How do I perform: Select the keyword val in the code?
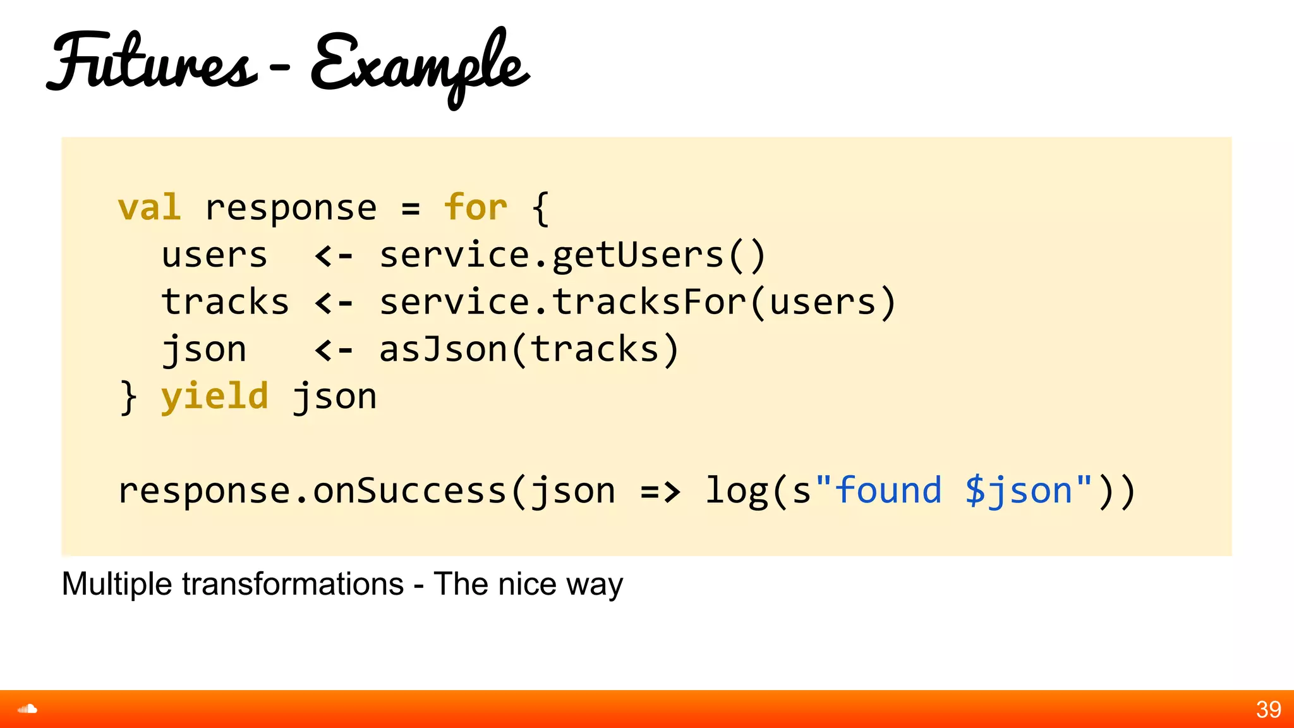click(149, 208)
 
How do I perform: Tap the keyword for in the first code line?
click(475, 208)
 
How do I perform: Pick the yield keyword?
click(214, 397)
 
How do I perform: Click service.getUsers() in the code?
click(572, 255)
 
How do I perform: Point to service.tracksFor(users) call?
click(637, 302)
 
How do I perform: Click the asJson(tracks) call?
click(529, 349)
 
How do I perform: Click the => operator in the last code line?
click(660, 492)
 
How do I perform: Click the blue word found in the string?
click(888, 490)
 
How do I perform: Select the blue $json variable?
click(1019, 492)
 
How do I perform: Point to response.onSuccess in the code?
click(312, 491)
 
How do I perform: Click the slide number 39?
click(1268, 710)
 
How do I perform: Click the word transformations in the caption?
click(293, 584)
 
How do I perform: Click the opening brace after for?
click(540, 209)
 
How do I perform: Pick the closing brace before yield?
click(128, 397)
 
